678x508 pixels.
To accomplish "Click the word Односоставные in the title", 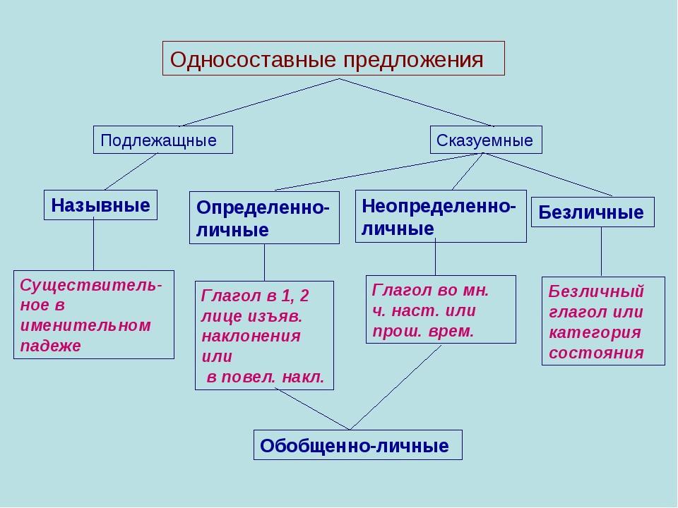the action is click(253, 59).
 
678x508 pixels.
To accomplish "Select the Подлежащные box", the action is click(163, 140).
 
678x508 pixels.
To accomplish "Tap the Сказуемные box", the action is click(486, 140).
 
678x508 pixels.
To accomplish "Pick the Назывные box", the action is click(100, 205).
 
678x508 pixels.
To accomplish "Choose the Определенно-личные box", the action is click(265, 218).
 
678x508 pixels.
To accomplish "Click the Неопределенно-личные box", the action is click(441, 217).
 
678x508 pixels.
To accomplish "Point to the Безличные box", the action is click(593, 212).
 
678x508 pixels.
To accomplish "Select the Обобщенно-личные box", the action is click(358, 445).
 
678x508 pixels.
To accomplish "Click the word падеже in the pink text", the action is click(51, 346).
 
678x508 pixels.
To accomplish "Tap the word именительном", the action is click(85, 325).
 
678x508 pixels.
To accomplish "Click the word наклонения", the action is click(251, 336).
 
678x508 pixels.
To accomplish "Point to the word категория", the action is click(595, 332).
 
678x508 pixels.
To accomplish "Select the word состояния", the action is click(597, 353).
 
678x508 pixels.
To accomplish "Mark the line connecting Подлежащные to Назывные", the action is click(131, 172).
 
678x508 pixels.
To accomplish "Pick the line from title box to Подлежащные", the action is click(259, 102).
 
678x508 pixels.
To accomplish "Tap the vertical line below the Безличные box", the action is click(601, 252).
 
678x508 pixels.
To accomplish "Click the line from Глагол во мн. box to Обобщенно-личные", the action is click(395, 387).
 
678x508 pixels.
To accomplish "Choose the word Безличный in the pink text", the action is click(596, 291).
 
